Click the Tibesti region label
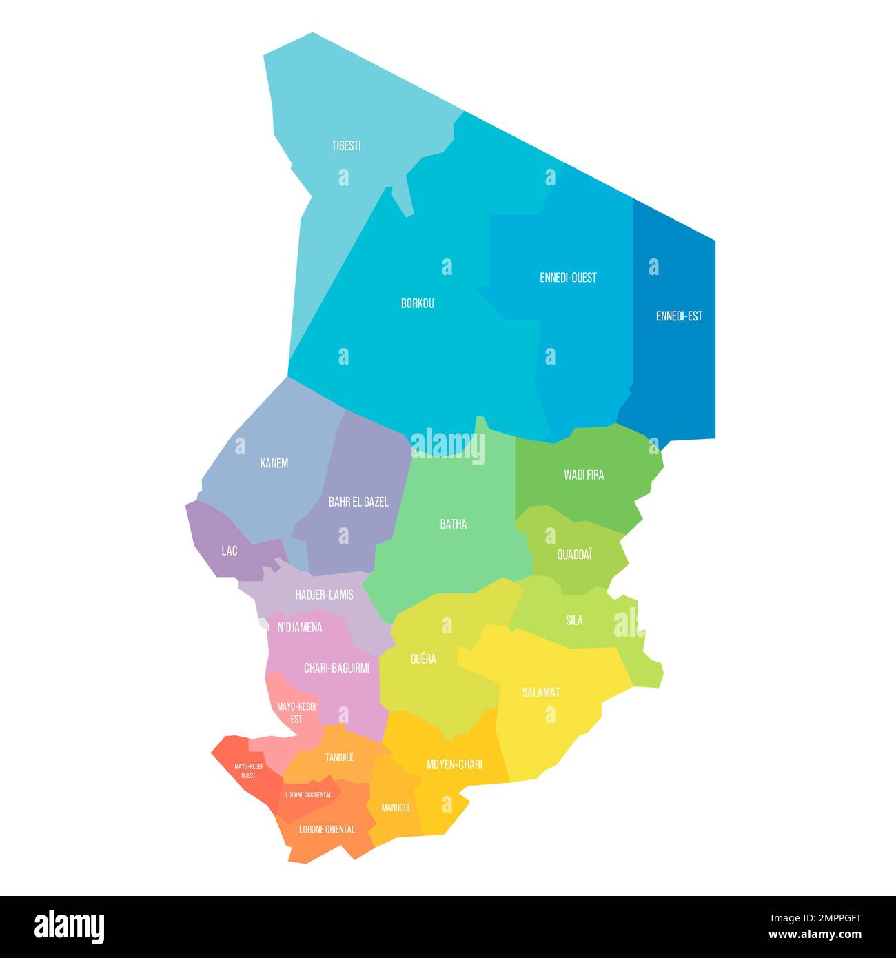coord(346,146)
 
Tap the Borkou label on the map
coord(418,303)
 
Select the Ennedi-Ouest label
coord(568,278)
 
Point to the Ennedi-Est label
coord(679,316)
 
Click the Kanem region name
coord(274,463)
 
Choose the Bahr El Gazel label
coord(358,502)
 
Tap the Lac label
coord(230,551)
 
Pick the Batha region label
coord(454,524)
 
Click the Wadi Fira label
coord(584,475)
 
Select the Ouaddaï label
coord(575,554)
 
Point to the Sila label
coord(574,620)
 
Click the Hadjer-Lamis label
coord(324,595)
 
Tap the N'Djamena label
coord(300,627)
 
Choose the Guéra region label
coord(423,659)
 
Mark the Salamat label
coord(541,693)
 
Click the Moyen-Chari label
coord(454,764)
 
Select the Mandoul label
coord(396,807)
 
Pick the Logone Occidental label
coord(309,795)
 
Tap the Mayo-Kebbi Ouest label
coord(248,771)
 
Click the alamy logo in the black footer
coord(70,926)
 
